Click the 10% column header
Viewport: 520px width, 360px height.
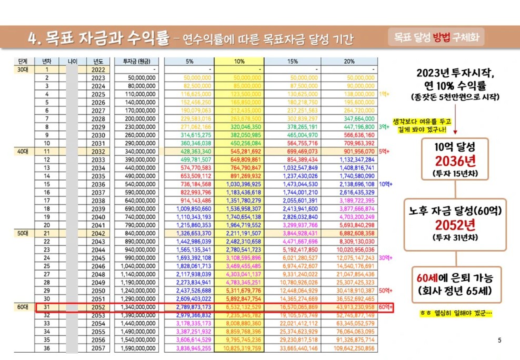(239, 61)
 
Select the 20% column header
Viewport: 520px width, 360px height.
(349, 61)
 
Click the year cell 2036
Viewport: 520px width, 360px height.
(99, 184)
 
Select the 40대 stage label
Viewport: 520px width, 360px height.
(23, 151)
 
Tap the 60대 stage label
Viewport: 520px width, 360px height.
(23, 307)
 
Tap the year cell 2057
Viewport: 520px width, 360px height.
(99, 348)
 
